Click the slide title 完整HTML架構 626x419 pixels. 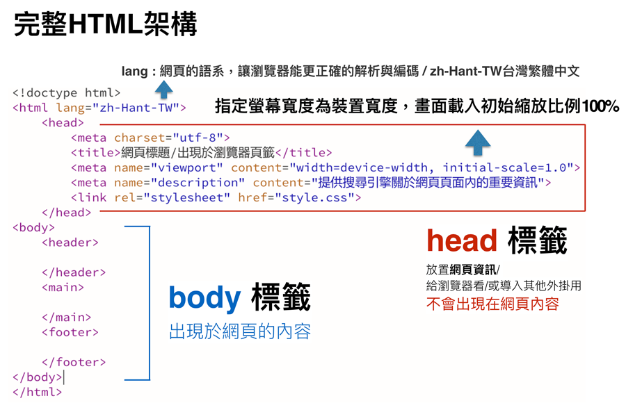106,24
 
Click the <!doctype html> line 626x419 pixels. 66,93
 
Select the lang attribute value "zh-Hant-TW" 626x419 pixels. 136,108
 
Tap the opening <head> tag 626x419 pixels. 63,123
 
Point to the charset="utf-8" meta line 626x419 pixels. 150,138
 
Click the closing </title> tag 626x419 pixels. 304,153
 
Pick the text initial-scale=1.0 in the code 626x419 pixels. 505,167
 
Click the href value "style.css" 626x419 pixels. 314,198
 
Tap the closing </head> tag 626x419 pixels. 66,213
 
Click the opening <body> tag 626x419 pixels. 33,228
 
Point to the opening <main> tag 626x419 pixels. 63,288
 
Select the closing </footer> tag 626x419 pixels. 74,362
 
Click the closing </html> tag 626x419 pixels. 37,392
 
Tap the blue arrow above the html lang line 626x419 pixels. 163,90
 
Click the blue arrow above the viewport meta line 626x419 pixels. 478,142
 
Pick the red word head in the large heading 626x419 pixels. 462,240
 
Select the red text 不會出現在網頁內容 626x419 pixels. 492,304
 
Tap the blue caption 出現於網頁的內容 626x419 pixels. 240,331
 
